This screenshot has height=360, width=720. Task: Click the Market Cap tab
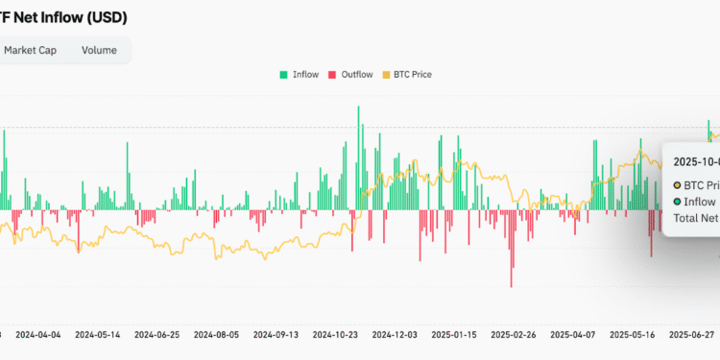[x=31, y=50]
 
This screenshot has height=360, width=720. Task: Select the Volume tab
[x=100, y=50]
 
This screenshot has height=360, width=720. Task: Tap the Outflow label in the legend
[x=357, y=74]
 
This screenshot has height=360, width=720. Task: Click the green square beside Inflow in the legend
[x=283, y=74]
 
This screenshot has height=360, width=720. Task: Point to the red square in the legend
[x=332, y=74]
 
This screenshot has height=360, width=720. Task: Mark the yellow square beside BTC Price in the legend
[x=386, y=74]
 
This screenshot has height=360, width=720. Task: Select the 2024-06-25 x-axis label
[x=156, y=335]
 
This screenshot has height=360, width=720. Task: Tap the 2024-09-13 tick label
[x=276, y=335]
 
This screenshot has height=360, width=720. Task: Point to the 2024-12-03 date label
[x=396, y=335]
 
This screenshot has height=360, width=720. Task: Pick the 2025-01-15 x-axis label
[x=455, y=335]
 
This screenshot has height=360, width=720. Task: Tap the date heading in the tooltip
[x=696, y=161]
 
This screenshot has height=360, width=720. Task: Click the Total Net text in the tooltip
[x=697, y=218]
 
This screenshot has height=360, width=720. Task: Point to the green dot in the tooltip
[x=678, y=201]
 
